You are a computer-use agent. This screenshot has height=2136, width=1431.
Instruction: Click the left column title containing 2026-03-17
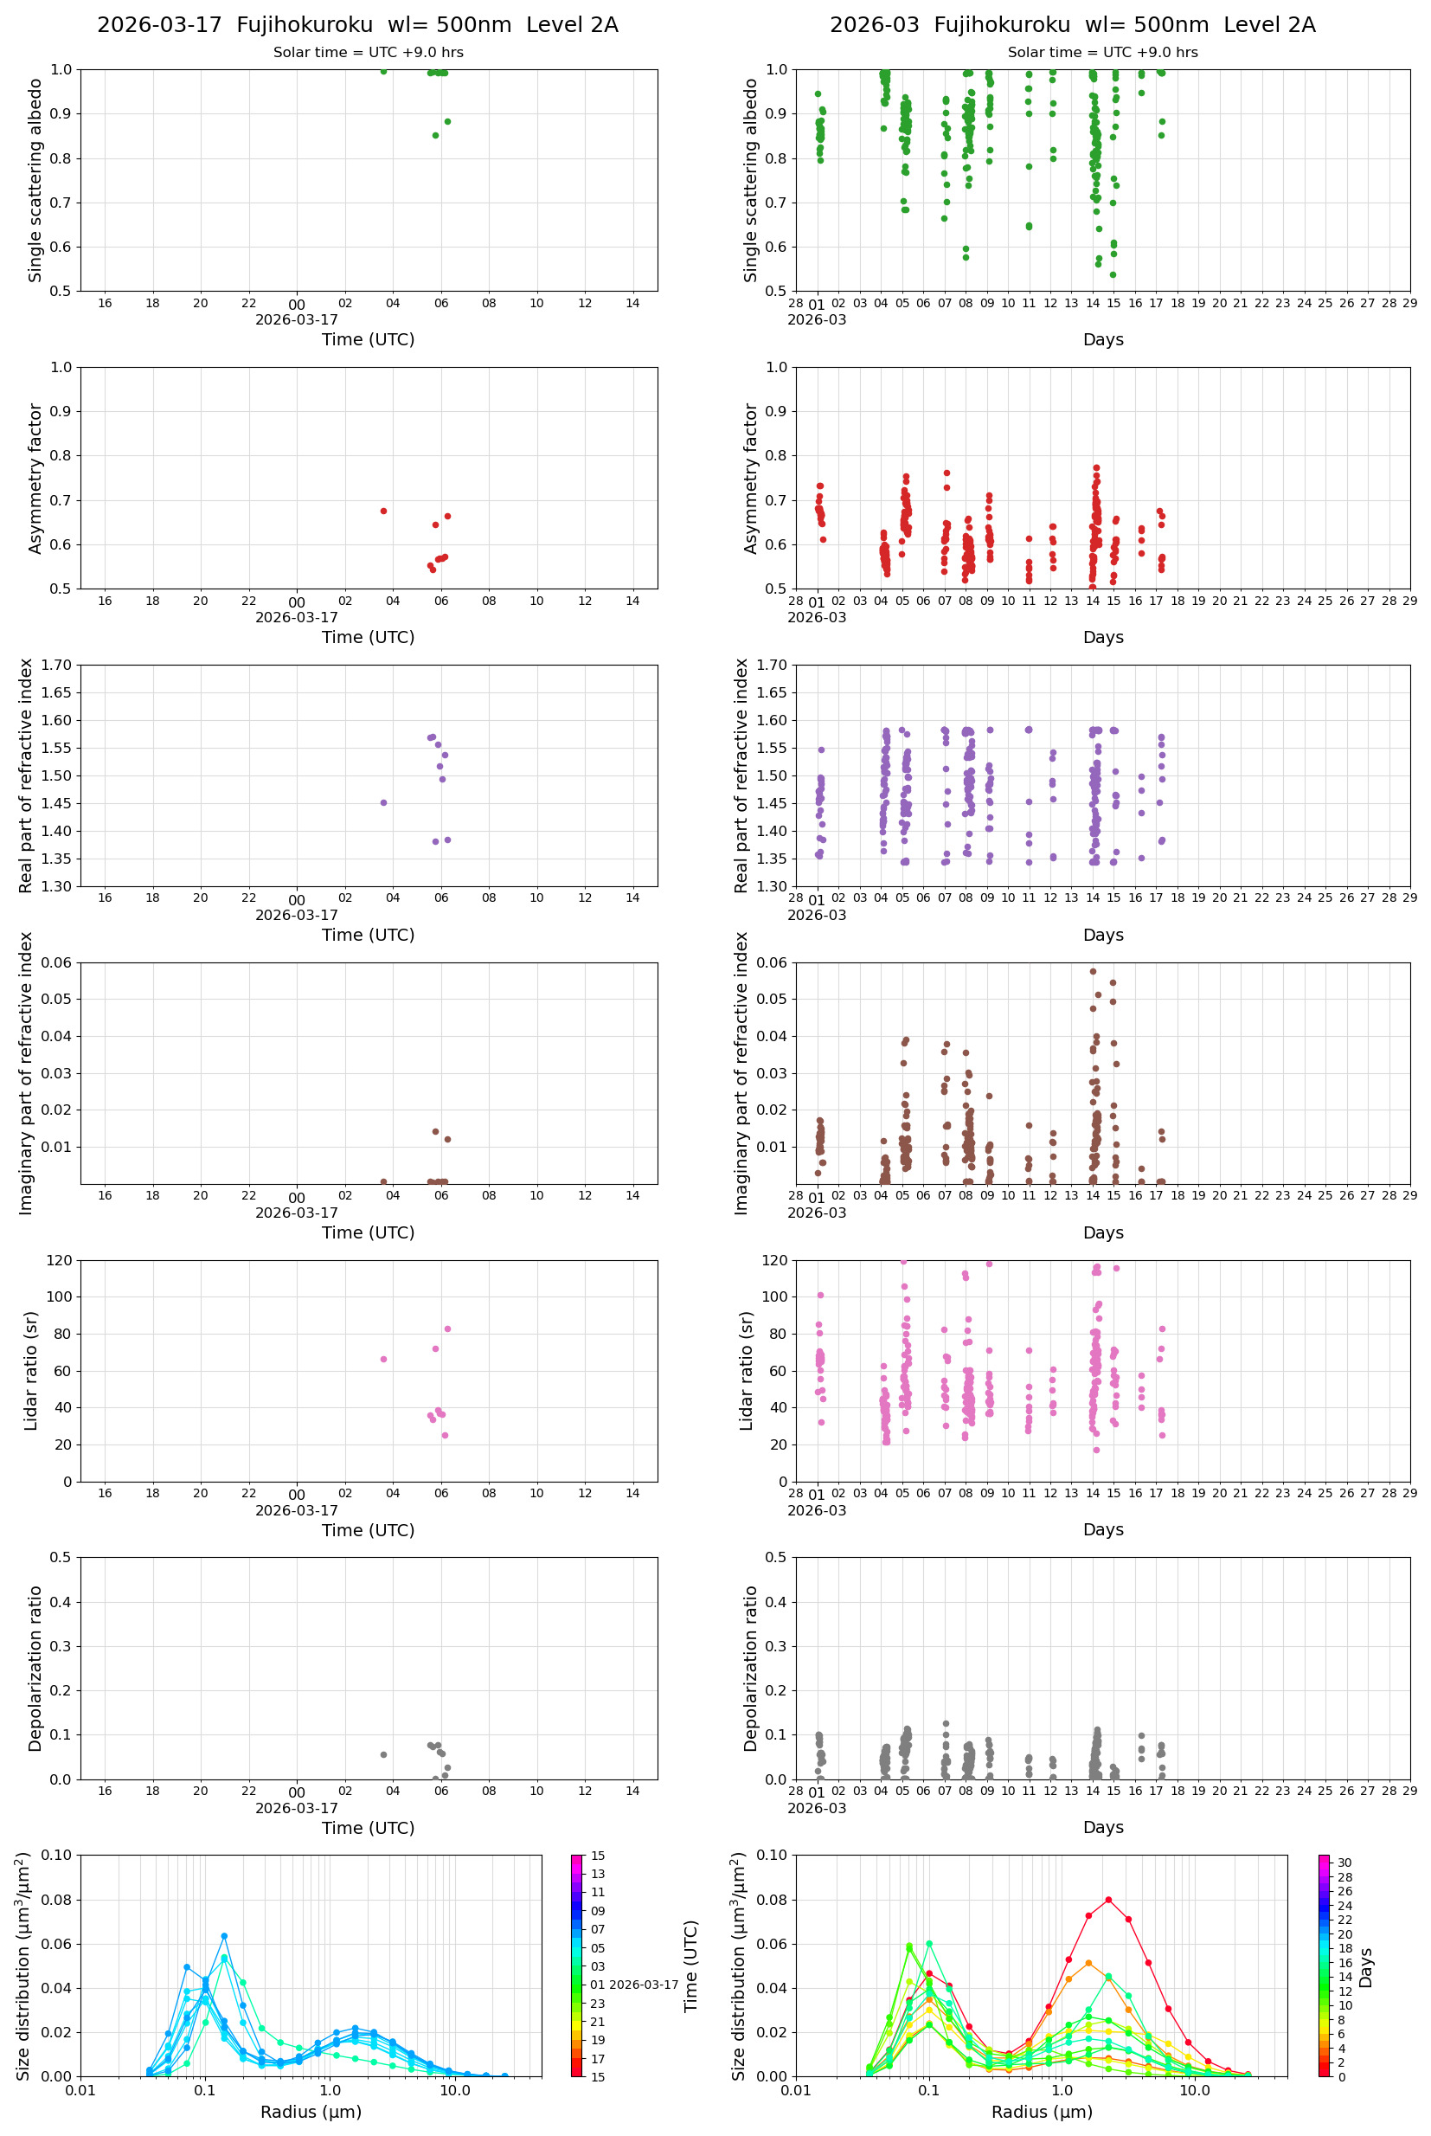pyautogui.click(x=358, y=24)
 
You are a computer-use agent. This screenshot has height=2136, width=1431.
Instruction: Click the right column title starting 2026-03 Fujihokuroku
pyautogui.click(x=1072, y=24)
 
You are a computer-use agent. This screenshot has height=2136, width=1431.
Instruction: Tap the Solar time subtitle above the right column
pyautogui.click(x=1102, y=52)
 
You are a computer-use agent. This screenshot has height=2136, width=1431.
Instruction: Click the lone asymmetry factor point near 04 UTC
pyautogui.click(x=383, y=511)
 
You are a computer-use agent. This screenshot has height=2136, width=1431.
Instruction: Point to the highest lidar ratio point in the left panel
pyautogui.click(x=447, y=1329)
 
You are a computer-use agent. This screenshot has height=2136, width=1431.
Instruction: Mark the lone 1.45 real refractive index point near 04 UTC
pyautogui.click(x=383, y=802)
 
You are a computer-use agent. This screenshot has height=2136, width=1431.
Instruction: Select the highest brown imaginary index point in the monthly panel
pyautogui.click(x=1093, y=971)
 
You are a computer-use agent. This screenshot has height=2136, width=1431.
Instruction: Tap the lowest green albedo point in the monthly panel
pyautogui.click(x=1113, y=274)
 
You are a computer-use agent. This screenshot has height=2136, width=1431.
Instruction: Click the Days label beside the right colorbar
pyautogui.click(x=1365, y=1967)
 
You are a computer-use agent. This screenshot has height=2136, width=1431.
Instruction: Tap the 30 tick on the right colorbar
pyautogui.click(x=1344, y=1863)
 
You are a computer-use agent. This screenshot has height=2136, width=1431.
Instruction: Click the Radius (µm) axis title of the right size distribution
pyautogui.click(x=1042, y=2112)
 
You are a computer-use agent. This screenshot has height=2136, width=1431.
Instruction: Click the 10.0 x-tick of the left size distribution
pyautogui.click(x=455, y=2090)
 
